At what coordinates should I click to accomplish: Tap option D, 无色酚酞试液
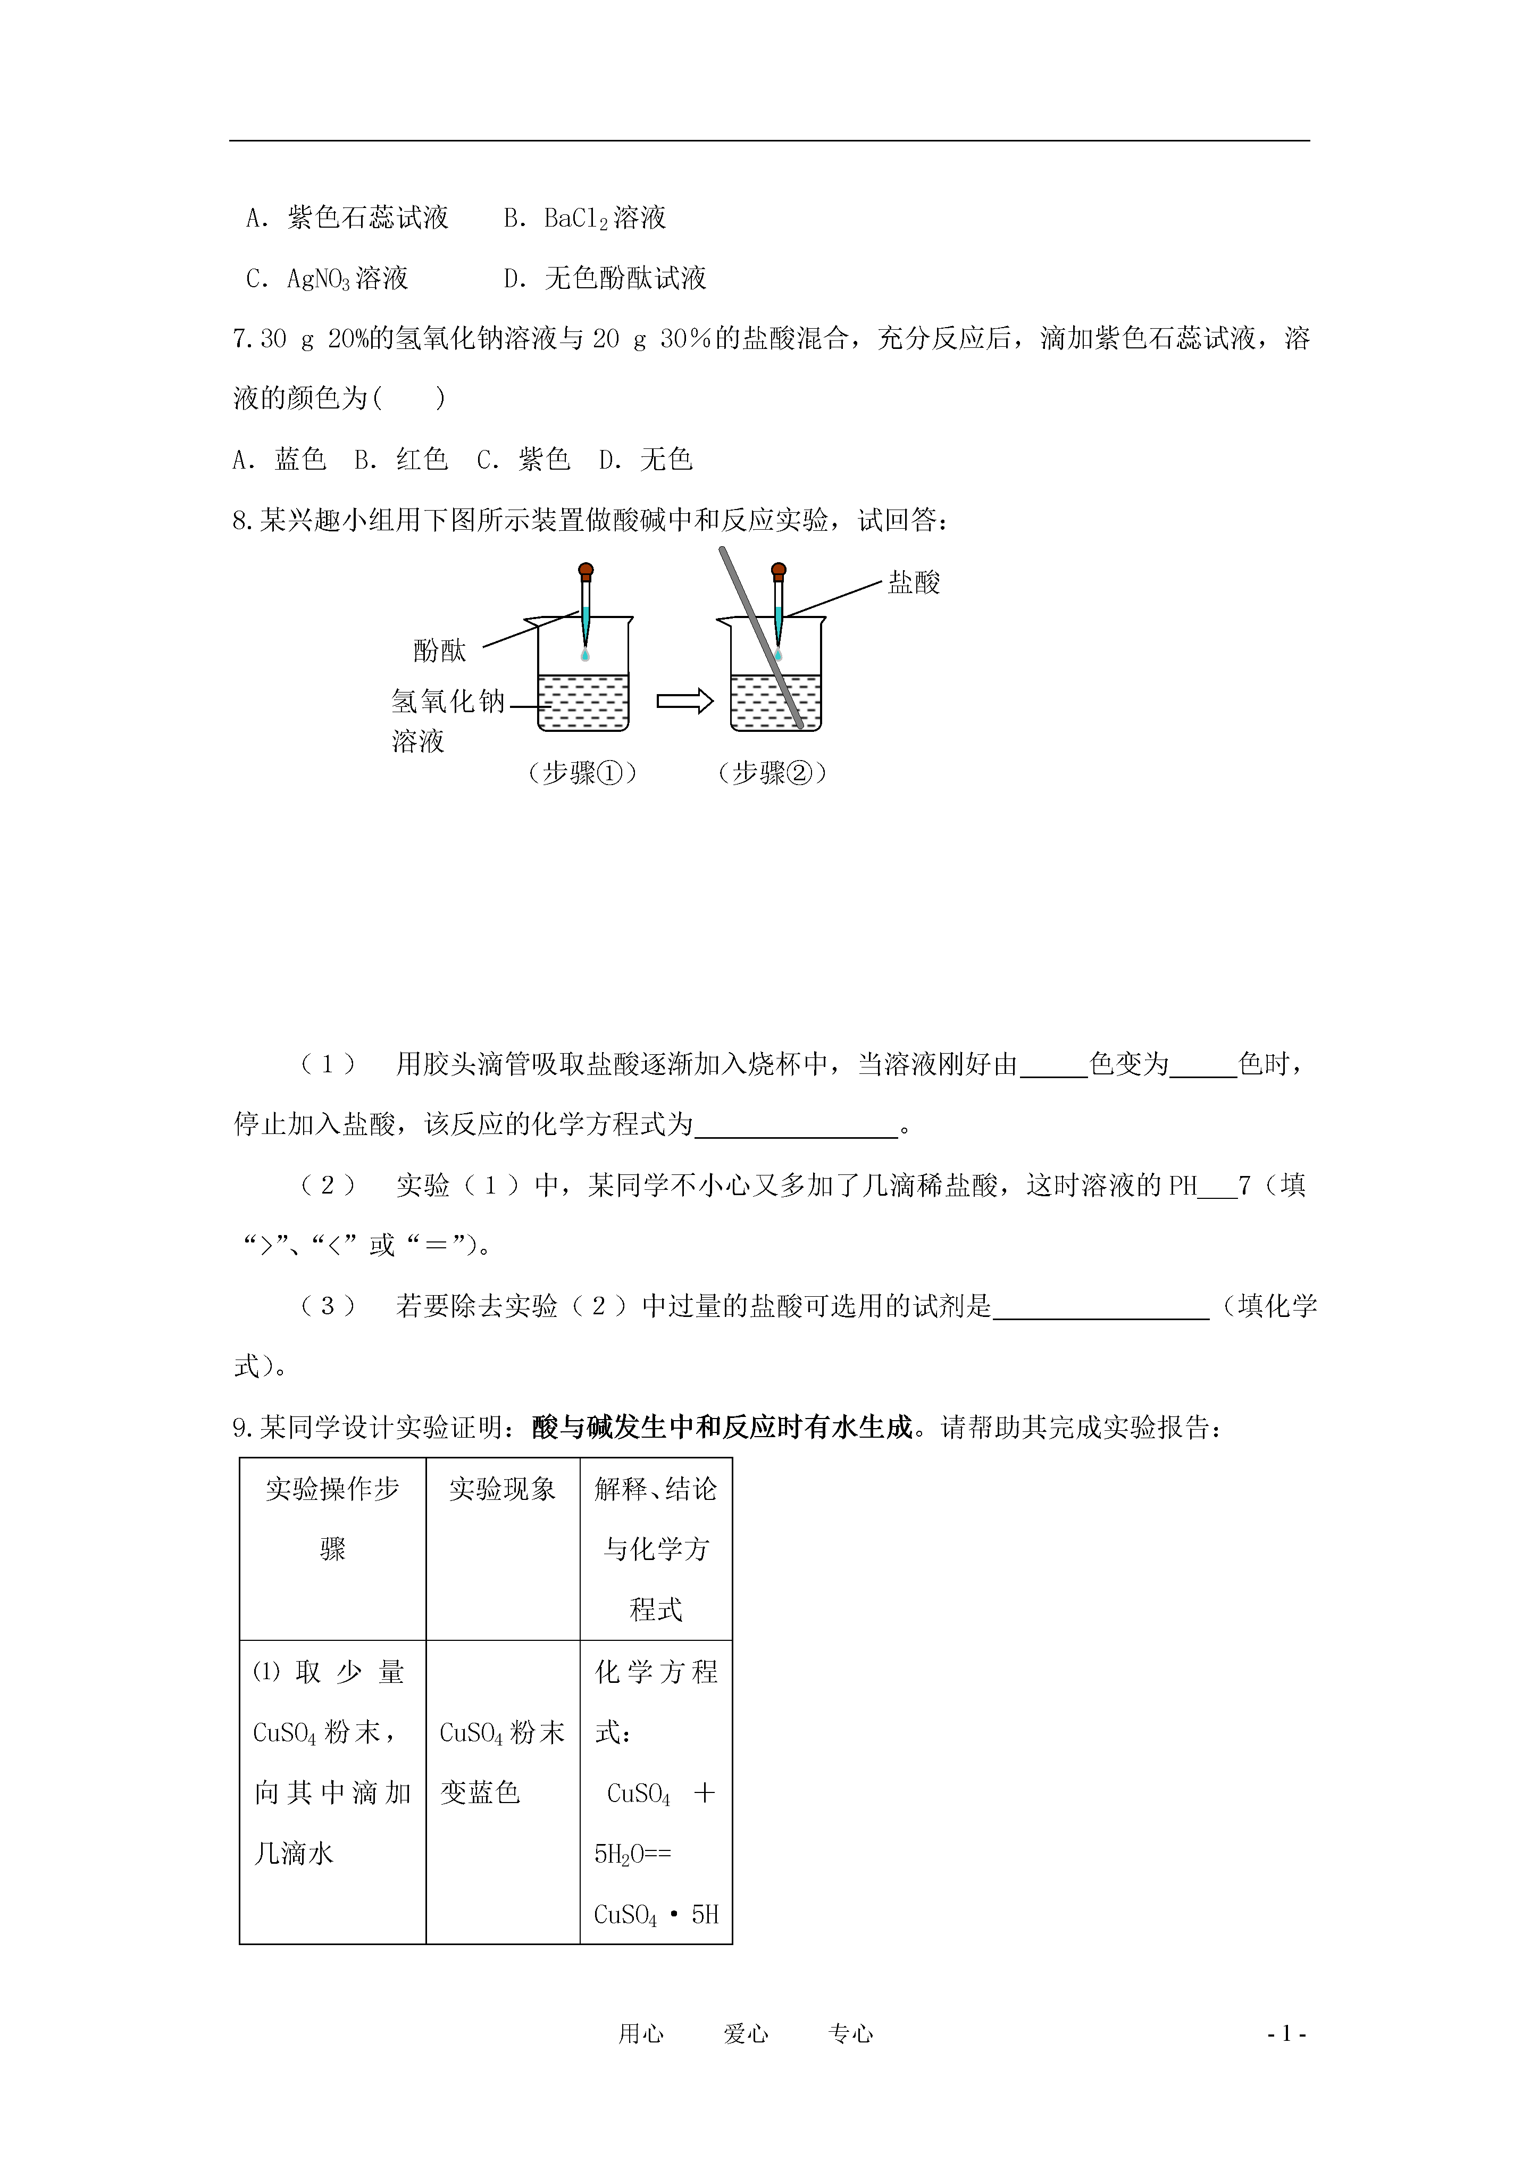605,279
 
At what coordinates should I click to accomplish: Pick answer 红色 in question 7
401,460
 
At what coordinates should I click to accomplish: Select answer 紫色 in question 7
523,460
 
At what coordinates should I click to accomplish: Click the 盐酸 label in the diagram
913,582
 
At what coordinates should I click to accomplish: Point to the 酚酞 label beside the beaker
440,650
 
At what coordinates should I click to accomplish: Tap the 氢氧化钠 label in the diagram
448,702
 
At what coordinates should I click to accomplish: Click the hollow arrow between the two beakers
684,702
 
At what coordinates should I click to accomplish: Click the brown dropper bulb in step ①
586,572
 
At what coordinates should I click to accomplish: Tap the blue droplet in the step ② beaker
779,655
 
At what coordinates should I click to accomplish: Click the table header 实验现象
503,1490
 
